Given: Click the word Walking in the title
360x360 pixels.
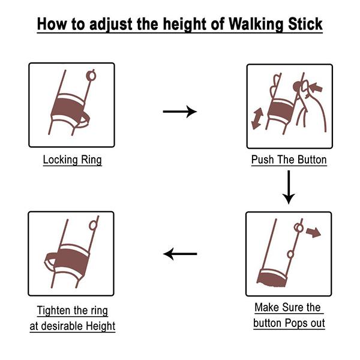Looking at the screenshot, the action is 256,23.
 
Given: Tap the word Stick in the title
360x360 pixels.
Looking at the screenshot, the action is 305,23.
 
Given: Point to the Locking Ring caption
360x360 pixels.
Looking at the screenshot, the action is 73,160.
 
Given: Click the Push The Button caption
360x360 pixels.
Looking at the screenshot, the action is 289,160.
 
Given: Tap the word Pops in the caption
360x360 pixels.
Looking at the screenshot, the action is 296,323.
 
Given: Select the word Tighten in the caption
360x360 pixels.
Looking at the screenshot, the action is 54,311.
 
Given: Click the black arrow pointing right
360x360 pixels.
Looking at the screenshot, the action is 180,112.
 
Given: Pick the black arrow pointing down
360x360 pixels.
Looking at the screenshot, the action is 289,187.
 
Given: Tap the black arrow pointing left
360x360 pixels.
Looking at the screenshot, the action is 180,254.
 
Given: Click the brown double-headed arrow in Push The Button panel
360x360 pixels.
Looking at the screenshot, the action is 257,119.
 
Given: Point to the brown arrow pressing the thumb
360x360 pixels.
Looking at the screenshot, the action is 316,87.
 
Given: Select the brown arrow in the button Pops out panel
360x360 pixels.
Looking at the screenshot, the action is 314,232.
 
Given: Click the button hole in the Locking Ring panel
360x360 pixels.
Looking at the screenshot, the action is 91,76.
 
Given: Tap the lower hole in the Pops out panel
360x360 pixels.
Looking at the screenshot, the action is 290,254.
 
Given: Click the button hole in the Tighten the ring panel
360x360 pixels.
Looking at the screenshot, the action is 93,226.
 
